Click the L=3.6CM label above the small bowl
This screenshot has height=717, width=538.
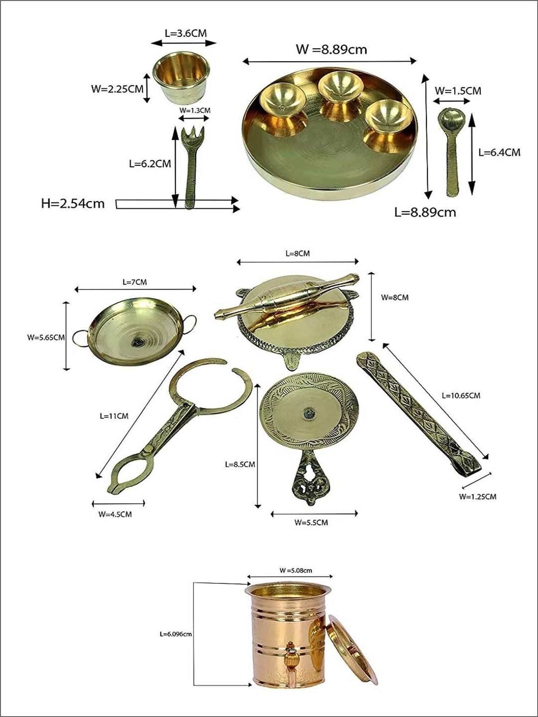[x=186, y=33]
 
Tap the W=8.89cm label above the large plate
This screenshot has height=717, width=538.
[x=331, y=49]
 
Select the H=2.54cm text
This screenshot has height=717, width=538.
[x=73, y=204]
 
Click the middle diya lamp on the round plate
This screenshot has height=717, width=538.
[x=336, y=86]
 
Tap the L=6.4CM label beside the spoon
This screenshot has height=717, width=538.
[x=499, y=152]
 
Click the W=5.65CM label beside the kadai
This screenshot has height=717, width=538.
[x=46, y=337]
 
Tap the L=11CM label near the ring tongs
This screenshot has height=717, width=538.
[x=114, y=416]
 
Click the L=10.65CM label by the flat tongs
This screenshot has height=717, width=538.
[x=461, y=395]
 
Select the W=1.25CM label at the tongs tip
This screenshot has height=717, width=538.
[x=478, y=497]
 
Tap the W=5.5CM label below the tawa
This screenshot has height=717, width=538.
[x=311, y=522]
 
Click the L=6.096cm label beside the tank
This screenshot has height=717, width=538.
[x=175, y=634]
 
